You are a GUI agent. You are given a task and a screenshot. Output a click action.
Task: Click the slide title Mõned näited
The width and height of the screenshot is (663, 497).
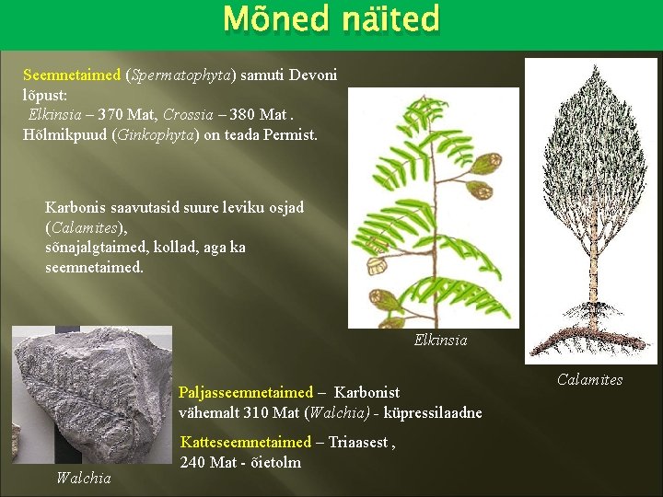click(331, 18)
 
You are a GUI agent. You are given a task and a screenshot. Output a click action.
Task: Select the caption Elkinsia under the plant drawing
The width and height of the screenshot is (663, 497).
click(440, 341)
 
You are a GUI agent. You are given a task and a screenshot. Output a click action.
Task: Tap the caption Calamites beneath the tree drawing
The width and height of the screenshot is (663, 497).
click(589, 379)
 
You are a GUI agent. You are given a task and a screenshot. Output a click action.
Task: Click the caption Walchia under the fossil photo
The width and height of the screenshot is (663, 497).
click(83, 477)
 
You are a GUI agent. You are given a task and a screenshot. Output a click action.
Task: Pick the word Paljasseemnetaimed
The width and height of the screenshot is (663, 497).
click(246, 393)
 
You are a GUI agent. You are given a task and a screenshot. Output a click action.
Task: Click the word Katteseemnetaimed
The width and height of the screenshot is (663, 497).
click(246, 442)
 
